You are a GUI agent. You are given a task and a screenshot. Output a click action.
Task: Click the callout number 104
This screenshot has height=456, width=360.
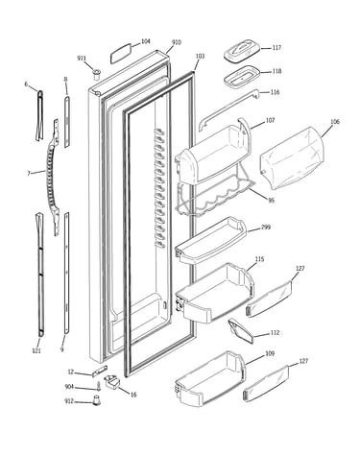146,41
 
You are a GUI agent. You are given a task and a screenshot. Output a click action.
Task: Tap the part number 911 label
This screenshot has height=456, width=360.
82,59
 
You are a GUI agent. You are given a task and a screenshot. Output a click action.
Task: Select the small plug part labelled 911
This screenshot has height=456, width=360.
96,74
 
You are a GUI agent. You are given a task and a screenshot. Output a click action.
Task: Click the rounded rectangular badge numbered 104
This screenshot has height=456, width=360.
121,53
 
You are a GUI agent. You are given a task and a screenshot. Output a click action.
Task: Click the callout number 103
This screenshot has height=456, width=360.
200,57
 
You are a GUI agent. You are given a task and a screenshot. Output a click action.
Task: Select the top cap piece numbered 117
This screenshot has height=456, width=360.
240,51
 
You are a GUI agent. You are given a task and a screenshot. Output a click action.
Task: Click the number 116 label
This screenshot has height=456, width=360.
275,92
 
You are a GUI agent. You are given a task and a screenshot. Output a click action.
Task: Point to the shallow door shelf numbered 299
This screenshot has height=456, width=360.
211,239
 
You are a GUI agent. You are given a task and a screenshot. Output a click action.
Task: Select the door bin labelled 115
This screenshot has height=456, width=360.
215,293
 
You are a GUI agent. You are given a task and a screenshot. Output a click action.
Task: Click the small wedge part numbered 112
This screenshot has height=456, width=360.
240,330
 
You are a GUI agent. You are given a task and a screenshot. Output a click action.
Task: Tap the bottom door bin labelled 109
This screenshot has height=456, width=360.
210,379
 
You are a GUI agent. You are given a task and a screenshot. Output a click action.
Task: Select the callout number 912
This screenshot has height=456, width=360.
69,401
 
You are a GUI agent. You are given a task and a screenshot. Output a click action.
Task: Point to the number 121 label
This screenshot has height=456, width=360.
36,350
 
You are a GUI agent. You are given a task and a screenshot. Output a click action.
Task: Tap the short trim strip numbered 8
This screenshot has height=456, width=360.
66,122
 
